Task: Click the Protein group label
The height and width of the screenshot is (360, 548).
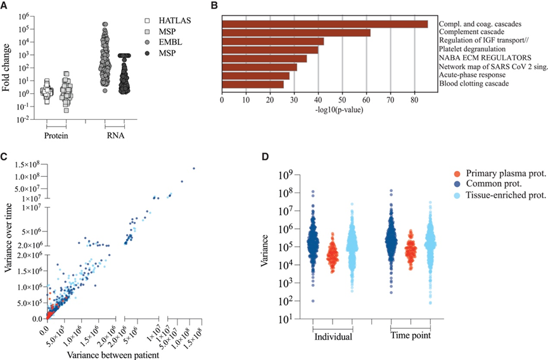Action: pyautogui.click(x=56, y=134)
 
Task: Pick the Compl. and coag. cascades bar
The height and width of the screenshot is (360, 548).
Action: pyautogui.click(x=325, y=24)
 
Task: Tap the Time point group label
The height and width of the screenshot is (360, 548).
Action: pyautogui.click(x=411, y=334)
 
